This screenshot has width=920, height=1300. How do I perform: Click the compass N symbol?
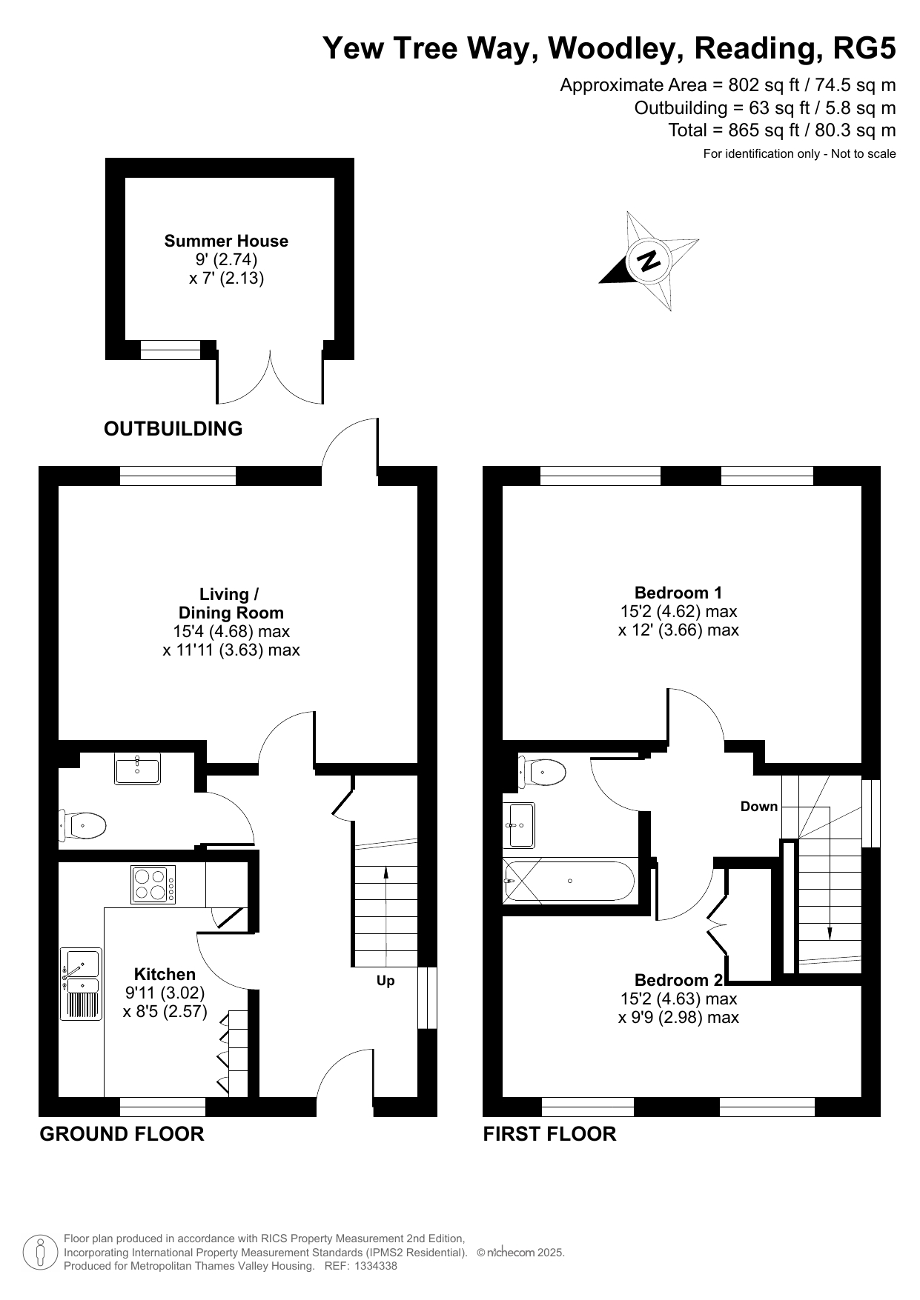point(650,261)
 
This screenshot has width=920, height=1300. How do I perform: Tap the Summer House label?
point(226,241)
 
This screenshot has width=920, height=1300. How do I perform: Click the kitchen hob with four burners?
point(153,884)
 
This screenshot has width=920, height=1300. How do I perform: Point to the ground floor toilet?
point(82,824)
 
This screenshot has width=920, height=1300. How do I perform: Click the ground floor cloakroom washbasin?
point(137,768)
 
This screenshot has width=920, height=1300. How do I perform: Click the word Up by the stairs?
point(385,981)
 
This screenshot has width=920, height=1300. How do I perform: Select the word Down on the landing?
point(759,806)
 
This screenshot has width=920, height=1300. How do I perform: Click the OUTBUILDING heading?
point(173,429)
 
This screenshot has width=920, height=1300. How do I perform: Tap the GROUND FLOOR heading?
point(122,1134)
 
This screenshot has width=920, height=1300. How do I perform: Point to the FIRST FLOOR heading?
point(549,1134)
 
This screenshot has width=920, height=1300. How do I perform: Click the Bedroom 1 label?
point(678,593)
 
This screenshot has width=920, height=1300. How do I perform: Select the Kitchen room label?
point(165,974)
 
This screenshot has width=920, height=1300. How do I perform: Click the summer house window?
point(171,350)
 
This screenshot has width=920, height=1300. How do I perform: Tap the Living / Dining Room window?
point(178,476)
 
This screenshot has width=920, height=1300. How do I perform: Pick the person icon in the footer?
point(41,1252)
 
